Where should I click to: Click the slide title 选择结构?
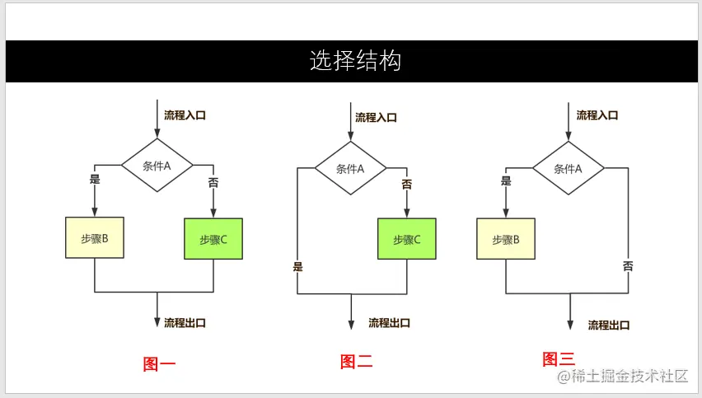click(355, 61)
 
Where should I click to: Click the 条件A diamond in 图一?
click(157, 166)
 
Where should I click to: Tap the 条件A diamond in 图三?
click(569, 168)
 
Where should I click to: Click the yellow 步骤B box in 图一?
click(95, 238)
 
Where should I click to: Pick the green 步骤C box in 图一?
click(213, 239)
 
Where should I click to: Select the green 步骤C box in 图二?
click(407, 239)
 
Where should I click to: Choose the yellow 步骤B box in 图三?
click(506, 239)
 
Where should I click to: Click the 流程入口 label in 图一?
click(185, 115)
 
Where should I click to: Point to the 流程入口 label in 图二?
click(376, 118)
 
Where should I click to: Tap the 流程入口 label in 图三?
click(597, 115)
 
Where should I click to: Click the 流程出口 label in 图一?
click(185, 322)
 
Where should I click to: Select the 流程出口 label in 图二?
click(389, 323)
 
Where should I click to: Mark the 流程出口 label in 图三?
click(610, 325)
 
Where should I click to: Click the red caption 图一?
click(159, 363)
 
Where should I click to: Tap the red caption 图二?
click(357, 361)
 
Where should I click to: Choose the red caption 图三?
click(559, 359)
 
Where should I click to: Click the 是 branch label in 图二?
click(298, 266)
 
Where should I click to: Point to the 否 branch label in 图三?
click(628, 266)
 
